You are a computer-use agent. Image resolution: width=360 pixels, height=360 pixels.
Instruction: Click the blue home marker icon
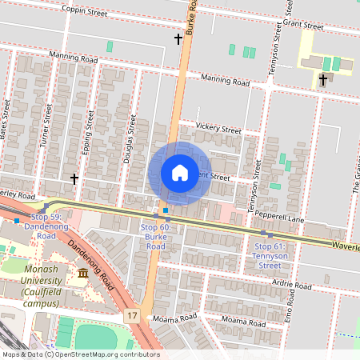(x=180, y=173)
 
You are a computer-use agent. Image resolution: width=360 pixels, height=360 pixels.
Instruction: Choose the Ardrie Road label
(x=291, y=286)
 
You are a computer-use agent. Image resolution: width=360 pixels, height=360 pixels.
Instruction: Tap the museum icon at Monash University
(x=83, y=275)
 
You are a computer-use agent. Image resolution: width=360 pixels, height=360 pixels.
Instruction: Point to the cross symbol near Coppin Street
(x=178, y=38)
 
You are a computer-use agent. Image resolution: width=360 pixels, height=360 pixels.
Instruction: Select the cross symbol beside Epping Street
(x=74, y=179)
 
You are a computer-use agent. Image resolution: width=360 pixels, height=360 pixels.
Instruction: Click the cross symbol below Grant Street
(x=323, y=79)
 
